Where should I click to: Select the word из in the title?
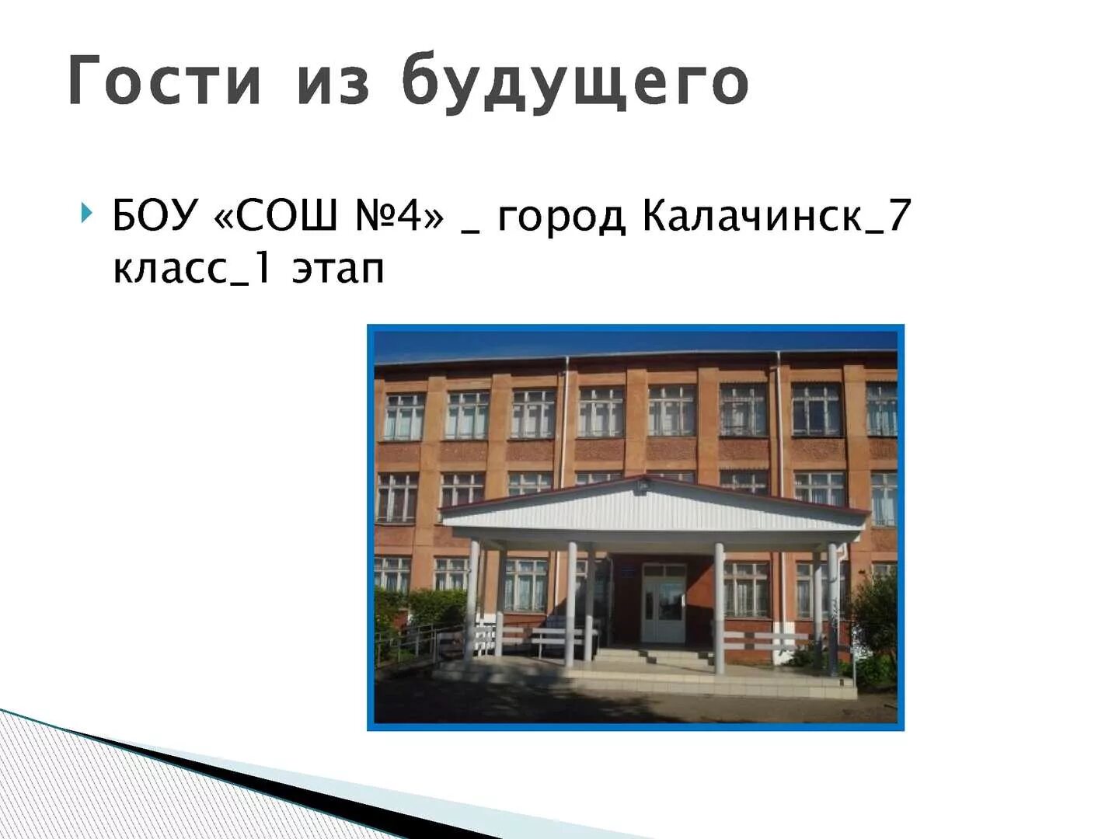(333, 82)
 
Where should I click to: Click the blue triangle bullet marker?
(85, 212)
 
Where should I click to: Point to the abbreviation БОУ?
(155, 215)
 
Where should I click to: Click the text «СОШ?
(276, 215)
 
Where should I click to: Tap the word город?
(561, 218)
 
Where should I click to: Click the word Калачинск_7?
(776, 215)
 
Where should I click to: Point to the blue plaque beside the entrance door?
(630, 573)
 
